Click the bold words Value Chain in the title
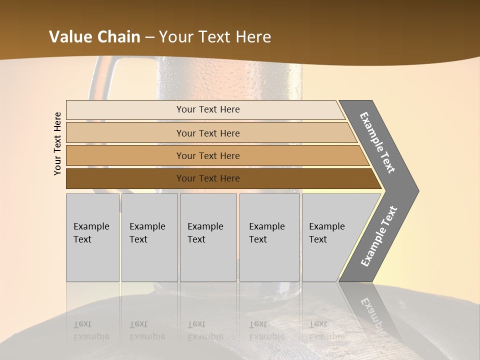(94, 37)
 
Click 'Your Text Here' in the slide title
(215, 37)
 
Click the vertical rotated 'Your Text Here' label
(57, 144)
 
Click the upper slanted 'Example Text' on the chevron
(377, 142)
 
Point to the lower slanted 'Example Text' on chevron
(379, 236)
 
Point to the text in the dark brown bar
(208, 178)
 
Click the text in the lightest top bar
(208, 109)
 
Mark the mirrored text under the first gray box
(91, 330)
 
